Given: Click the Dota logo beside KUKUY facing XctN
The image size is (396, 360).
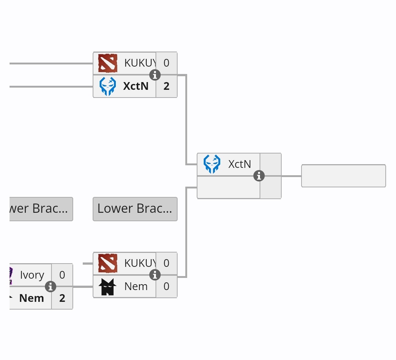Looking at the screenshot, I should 108,63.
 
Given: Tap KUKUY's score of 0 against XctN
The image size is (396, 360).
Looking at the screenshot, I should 167,63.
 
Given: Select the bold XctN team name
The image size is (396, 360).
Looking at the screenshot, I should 136,86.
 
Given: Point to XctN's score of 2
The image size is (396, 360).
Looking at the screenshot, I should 167,86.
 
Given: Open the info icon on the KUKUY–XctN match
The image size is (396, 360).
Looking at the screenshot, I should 155,75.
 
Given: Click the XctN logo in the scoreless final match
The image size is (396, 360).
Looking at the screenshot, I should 212,164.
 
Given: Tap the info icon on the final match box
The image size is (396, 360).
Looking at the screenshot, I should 259,176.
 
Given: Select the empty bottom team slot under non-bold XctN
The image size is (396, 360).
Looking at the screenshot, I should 228,187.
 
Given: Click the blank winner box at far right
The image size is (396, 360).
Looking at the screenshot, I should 343,176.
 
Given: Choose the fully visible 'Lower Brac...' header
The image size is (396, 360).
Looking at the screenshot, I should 135,209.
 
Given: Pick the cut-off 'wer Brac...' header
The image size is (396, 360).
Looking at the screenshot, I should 41,209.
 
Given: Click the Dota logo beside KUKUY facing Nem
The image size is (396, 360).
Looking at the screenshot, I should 108,263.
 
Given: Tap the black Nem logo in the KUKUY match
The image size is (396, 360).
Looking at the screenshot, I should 108,286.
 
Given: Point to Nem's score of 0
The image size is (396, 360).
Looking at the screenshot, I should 167,286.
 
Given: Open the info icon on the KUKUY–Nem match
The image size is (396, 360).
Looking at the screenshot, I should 155,275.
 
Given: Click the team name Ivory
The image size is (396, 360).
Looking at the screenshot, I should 32,275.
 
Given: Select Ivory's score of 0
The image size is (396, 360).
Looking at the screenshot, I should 62,275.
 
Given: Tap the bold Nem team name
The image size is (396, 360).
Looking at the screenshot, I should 32,298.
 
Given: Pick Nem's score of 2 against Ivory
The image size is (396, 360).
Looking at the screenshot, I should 62,298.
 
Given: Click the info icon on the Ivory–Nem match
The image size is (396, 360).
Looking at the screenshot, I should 50,286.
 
